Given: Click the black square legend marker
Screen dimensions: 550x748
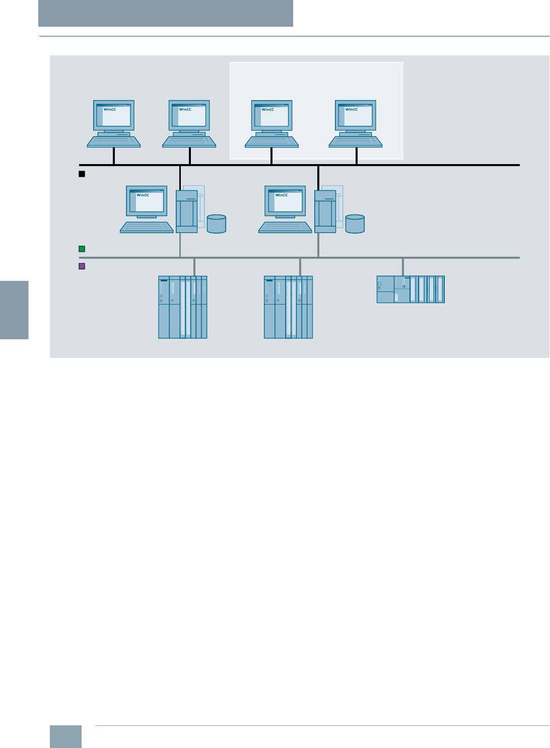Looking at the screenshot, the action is [82, 174].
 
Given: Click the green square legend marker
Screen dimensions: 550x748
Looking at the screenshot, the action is [82, 249].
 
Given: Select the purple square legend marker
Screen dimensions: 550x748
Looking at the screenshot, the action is [82, 266].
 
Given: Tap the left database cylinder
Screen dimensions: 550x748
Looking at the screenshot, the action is [217, 224].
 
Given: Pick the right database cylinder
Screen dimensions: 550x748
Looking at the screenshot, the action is [355, 224].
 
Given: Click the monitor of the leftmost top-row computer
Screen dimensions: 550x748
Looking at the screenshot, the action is [114, 115].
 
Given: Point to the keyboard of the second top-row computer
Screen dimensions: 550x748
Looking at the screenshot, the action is [189, 142].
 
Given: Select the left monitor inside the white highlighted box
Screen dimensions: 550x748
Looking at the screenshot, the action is [271, 115].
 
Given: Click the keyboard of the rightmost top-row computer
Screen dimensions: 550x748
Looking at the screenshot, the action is [356, 142].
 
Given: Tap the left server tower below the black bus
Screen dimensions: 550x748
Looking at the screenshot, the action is [186, 211].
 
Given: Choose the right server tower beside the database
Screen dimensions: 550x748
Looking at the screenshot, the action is [325, 211].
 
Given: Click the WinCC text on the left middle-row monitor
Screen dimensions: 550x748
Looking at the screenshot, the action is [143, 195].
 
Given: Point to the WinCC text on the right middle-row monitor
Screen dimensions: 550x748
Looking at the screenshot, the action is [282, 195].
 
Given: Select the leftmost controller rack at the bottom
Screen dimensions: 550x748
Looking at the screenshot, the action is [183, 307].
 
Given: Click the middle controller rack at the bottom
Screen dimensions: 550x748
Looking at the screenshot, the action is [289, 307].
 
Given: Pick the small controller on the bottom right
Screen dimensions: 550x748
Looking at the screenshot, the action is [410, 289].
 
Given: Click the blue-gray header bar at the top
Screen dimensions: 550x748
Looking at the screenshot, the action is [166, 13].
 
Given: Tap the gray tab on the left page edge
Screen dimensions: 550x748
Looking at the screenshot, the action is [14, 310].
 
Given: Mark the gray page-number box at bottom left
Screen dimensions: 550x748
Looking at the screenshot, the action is [65, 736].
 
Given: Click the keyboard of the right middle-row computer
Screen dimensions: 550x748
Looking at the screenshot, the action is [285, 228].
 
